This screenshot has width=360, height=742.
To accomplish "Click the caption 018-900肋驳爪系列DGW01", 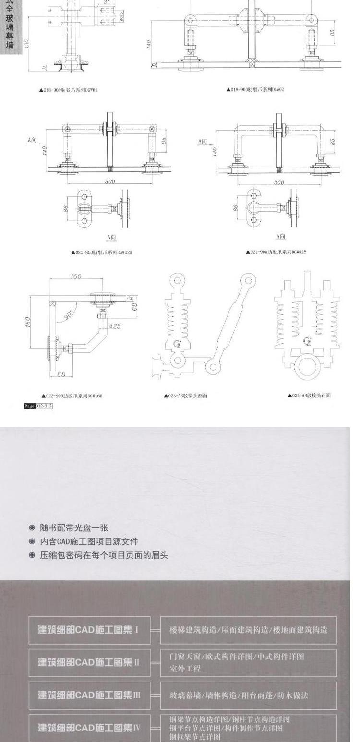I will coord(69,90).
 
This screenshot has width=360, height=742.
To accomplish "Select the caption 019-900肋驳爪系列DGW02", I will coord(255,89).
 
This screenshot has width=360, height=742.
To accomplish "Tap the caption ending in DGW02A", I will coord(101,252).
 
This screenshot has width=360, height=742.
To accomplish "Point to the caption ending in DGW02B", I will coord(276,252).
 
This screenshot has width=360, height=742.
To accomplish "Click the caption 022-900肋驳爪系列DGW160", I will coord(72,396).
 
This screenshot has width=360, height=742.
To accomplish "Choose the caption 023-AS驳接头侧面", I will coord(185,396).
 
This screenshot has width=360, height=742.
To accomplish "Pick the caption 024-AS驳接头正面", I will coord(309,395).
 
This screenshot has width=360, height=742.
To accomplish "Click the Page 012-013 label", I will coord(38,406).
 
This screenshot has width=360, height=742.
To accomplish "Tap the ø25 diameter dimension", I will coord(115,326).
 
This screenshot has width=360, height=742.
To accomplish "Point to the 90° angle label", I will coord(68,314).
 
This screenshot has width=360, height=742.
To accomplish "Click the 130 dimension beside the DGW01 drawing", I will coord(28,44).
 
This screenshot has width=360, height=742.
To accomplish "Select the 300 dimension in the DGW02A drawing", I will coord(110,182).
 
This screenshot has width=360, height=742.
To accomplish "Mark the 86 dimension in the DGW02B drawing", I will coord(236,208).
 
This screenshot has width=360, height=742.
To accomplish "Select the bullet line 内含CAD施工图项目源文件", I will coord(88,542).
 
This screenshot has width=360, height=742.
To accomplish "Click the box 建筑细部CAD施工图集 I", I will coord(89,630).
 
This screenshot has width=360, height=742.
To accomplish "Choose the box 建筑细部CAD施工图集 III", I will coord(89,695).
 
